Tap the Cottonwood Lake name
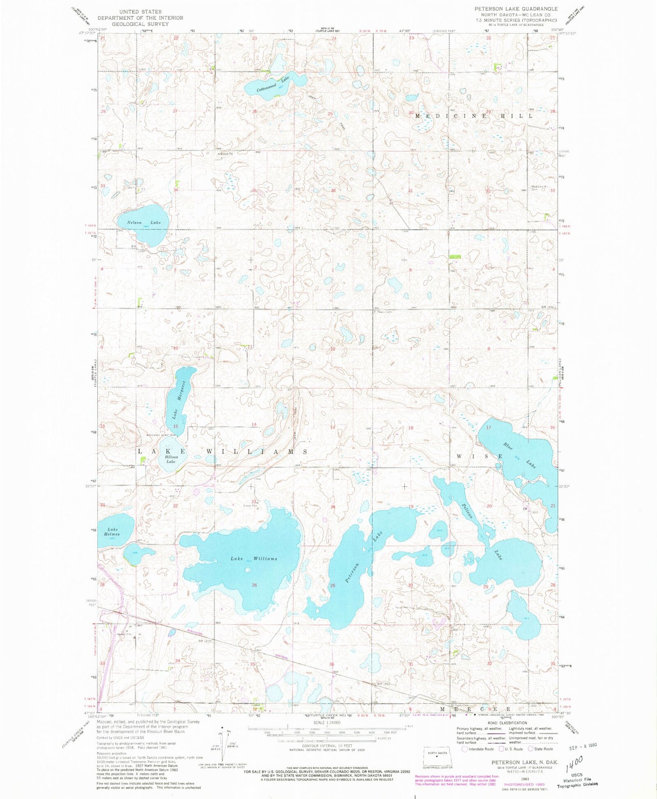pyautogui.click(x=273, y=84)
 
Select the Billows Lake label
pyautogui.click(x=171, y=458)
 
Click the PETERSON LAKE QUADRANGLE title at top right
pyautogui.click(x=516, y=9)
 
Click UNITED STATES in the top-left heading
pyautogui.click(x=140, y=11)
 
